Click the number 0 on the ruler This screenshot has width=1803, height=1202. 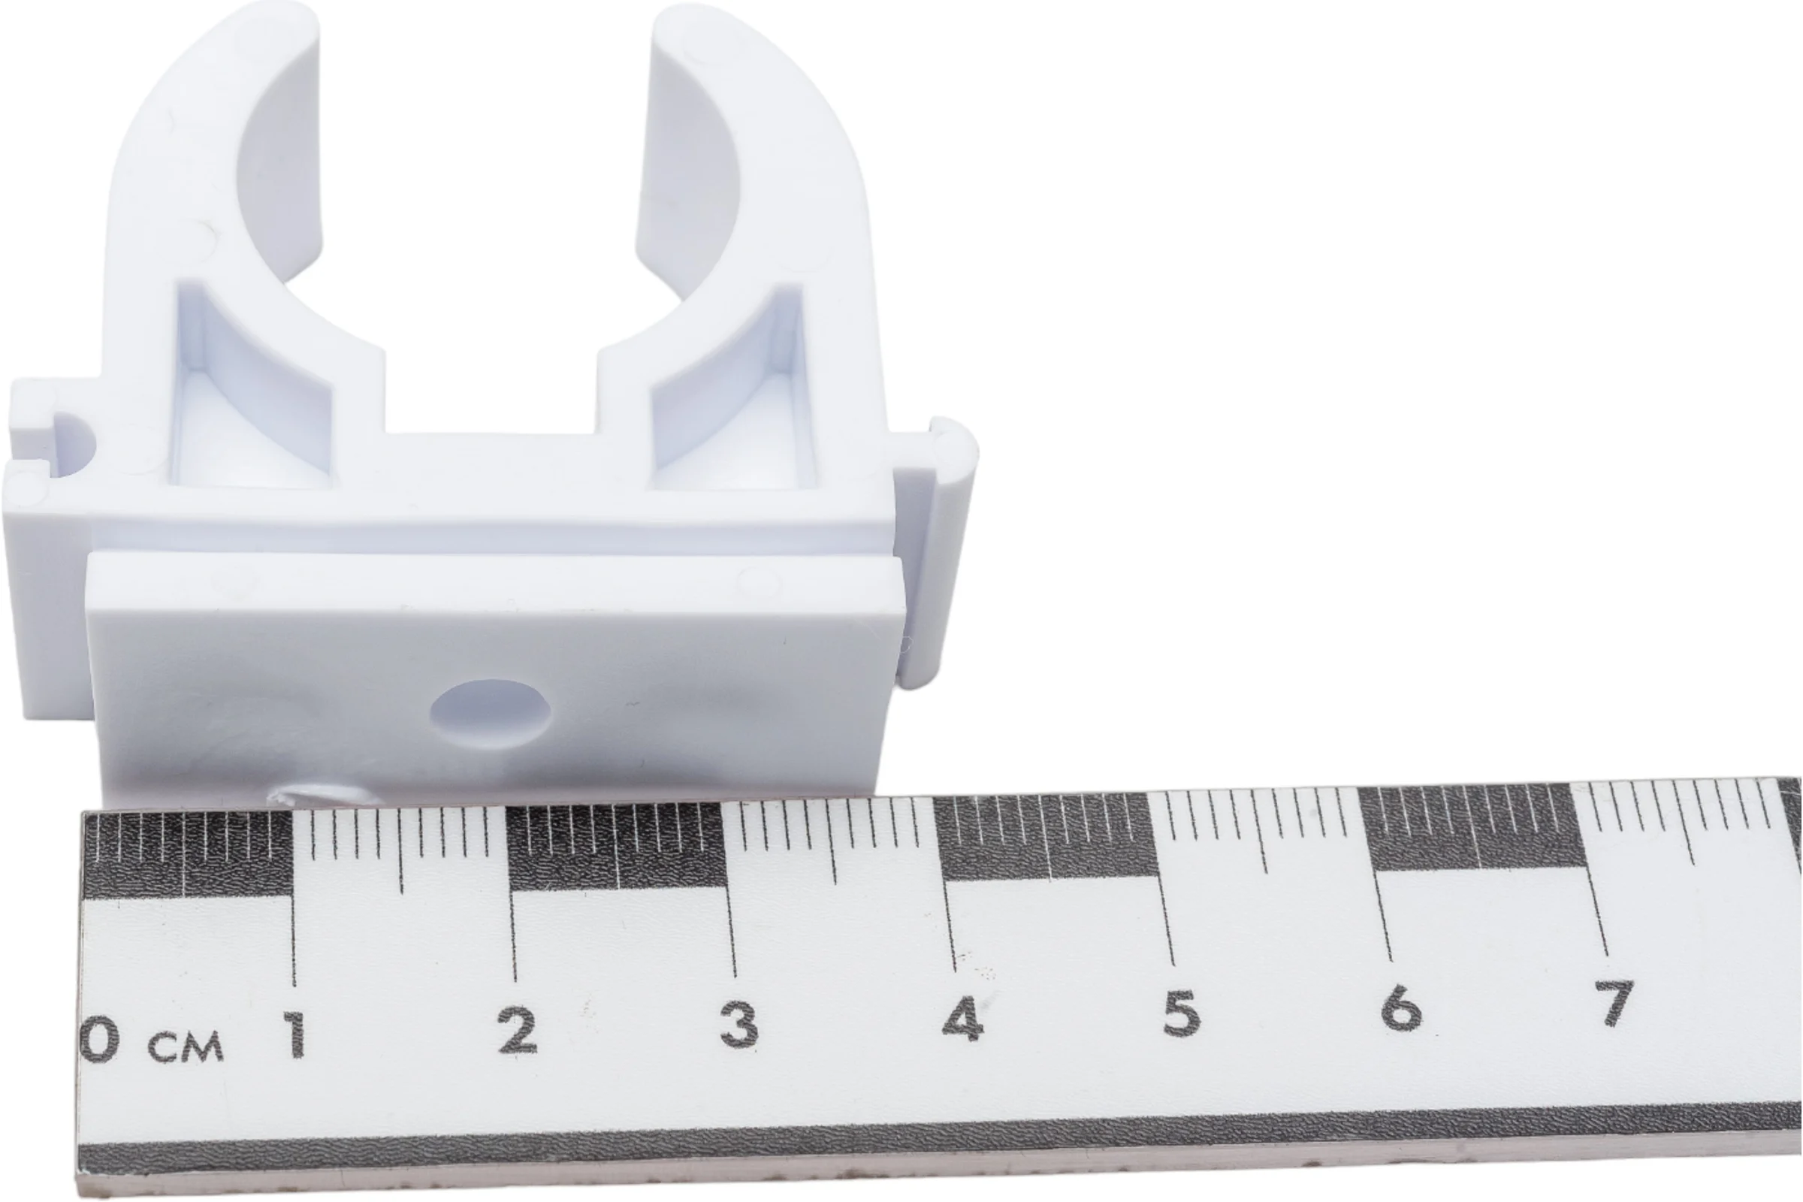[x=101, y=1040]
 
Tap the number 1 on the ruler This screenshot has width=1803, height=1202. [x=294, y=1035]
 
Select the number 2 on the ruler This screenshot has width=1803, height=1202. [x=518, y=1030]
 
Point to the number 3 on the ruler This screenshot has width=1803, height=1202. [x=739, y=1023]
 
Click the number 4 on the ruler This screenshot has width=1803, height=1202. [x=963, y=1018]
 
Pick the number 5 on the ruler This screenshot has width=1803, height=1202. [x=1179, y=1012]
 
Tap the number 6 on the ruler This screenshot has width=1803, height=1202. [x=1400, y=1007]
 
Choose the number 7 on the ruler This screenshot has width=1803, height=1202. [x=1616, y=1001]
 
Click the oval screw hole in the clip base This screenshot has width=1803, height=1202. [x=490, y=713]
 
